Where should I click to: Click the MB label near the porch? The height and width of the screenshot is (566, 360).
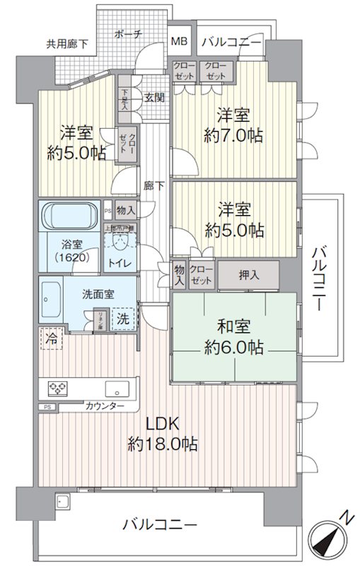179,41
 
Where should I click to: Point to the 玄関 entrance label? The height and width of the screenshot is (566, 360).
155,98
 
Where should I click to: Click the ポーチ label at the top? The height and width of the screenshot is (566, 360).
128,33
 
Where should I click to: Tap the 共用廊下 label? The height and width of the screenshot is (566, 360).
68,44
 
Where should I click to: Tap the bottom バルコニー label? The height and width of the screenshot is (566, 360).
159,524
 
